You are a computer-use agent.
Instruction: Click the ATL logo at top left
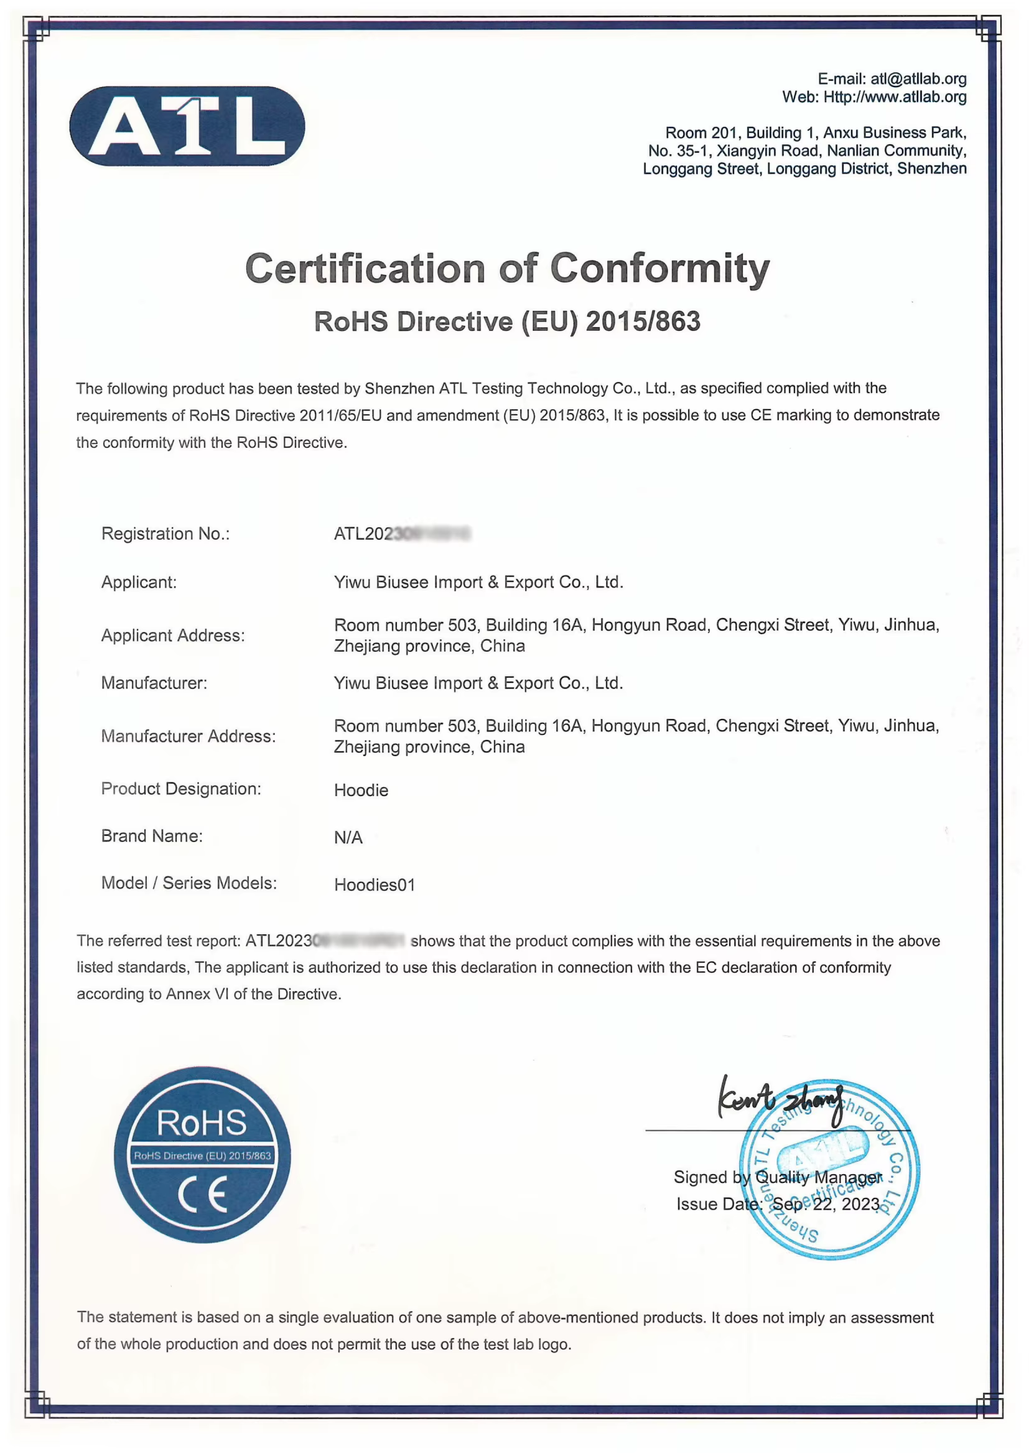click(187, 126)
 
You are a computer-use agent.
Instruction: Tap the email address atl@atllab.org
click(918, 79)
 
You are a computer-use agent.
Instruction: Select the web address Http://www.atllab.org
click(895, 97)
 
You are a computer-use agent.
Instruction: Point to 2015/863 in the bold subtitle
click(643, 322)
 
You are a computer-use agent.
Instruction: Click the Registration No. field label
click(165, 534)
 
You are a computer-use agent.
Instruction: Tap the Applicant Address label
click(173, 635)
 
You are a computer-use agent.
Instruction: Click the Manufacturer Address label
click(188, 736)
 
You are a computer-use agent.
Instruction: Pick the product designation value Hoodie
click(361, 790)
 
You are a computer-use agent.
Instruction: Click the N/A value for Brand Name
click(348, 837)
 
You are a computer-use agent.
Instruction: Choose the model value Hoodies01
click(375, 885)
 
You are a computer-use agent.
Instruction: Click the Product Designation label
click(180, 789)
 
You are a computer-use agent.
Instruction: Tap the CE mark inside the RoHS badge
click(202, 1195)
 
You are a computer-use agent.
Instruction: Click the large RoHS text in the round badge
click(202, 1123)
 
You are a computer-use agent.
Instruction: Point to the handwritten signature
click(780, 1100)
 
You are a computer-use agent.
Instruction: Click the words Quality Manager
click(818, 1177)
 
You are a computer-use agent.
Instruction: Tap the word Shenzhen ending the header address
click(931, 169)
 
